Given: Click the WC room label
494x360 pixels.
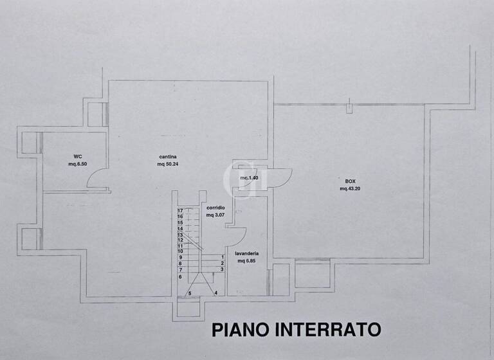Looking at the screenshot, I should pyautogui.click(x=77, y=156).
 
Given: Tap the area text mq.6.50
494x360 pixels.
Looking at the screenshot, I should pyautogui.click(x=78, y=164).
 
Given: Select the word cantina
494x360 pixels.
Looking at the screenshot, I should pyautogui.click(x=169, y=156).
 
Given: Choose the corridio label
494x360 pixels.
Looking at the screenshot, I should pyautogui.click(x=215, y=208).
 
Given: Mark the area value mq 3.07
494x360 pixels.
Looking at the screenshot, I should pyautogui.click(x=215, y=215).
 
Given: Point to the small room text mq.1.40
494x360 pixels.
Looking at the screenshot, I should pyautogui.click(x=249, y=177).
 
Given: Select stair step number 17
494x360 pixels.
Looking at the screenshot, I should pyautogui.click(x=181, y=210).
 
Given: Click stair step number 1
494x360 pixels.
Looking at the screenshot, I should pyautogui.click(x=222, y=256).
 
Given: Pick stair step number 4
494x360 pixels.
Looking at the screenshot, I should pyautogui.click(x=215, y=293).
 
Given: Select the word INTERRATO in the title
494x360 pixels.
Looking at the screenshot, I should pyautogui.click(x=328, y=330).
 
